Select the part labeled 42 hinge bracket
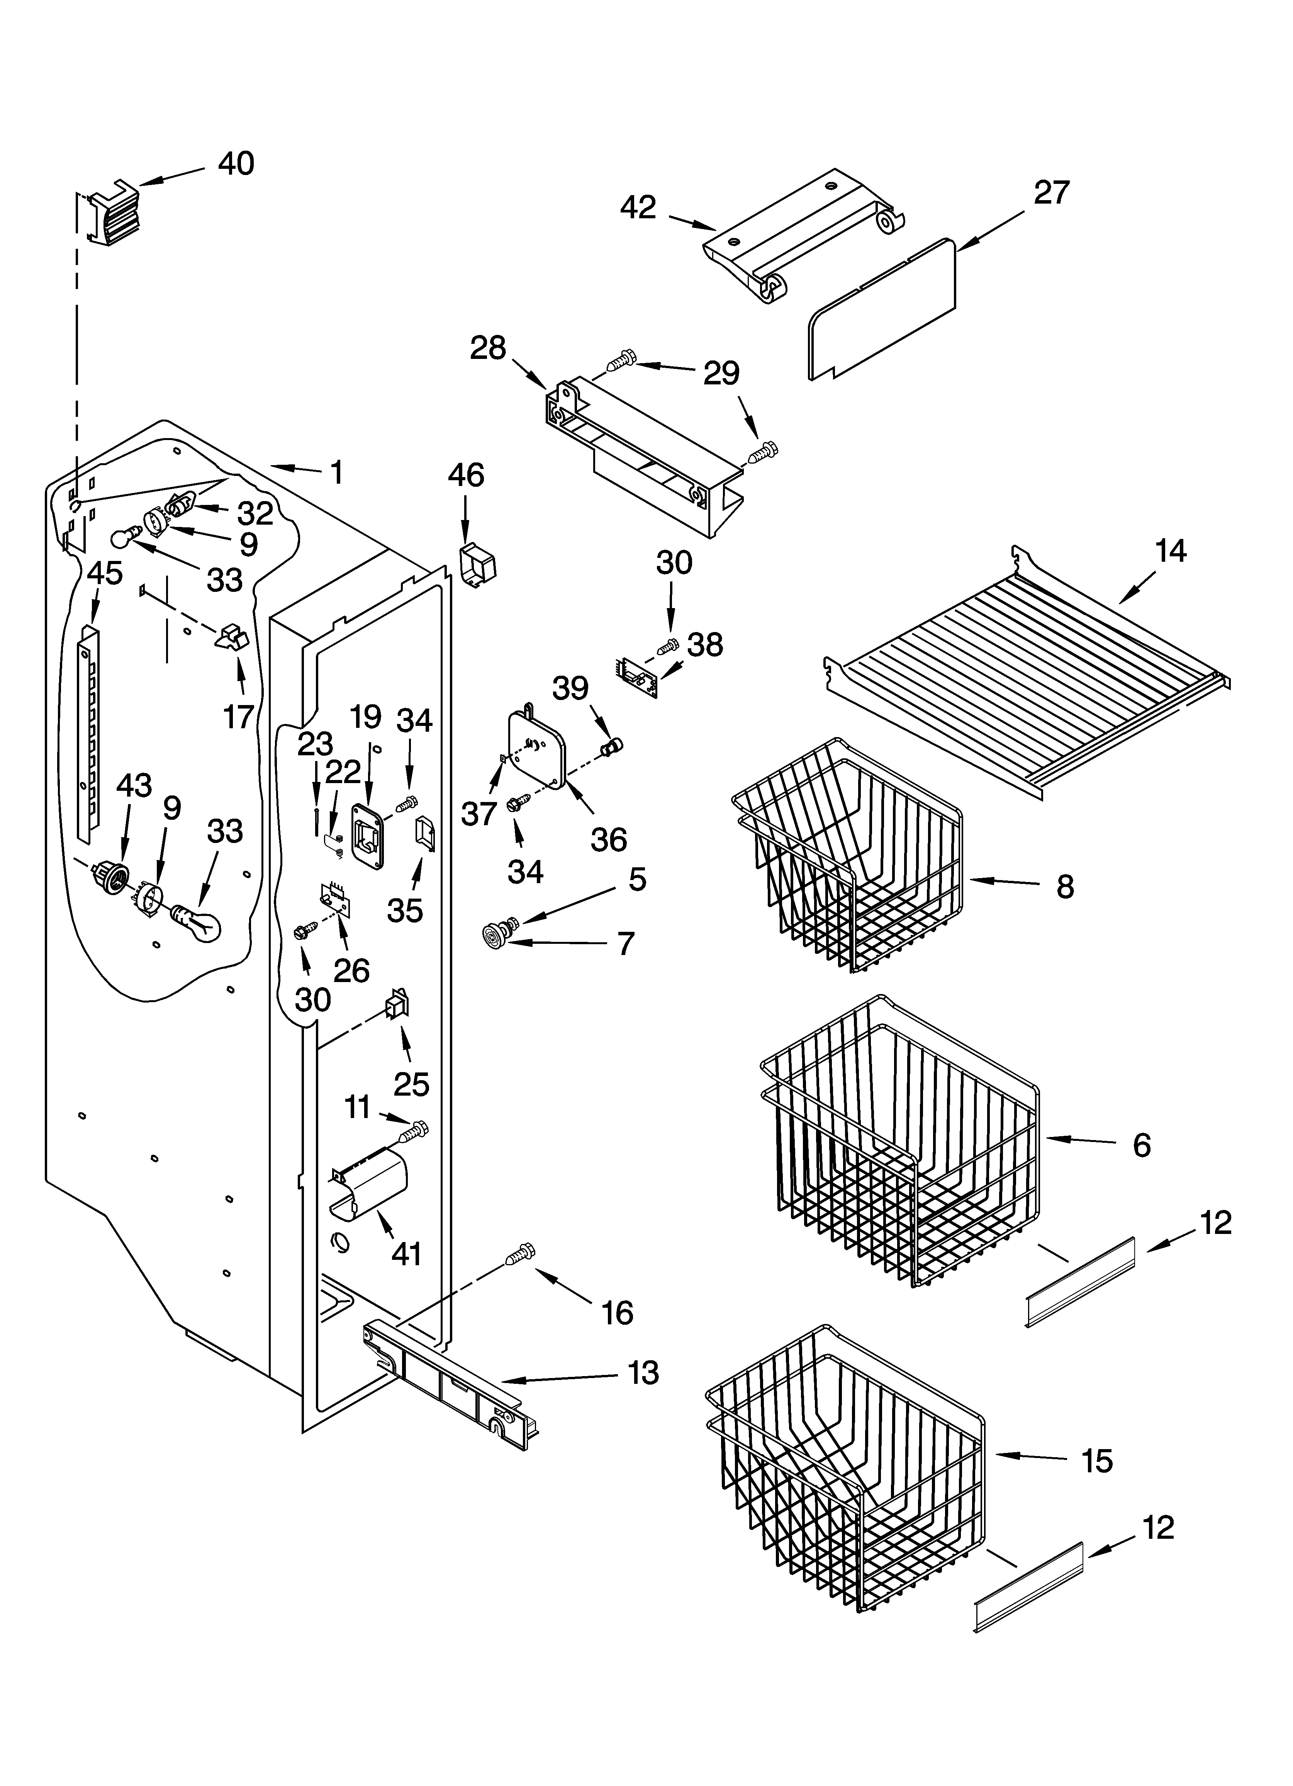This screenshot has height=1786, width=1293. click(x=803, y=236)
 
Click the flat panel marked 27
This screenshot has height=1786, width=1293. click(x=882, y=311)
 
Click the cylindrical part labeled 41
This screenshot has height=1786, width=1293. click(x=370, y=1189)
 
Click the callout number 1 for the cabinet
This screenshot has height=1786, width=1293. click(x=336, y=472)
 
